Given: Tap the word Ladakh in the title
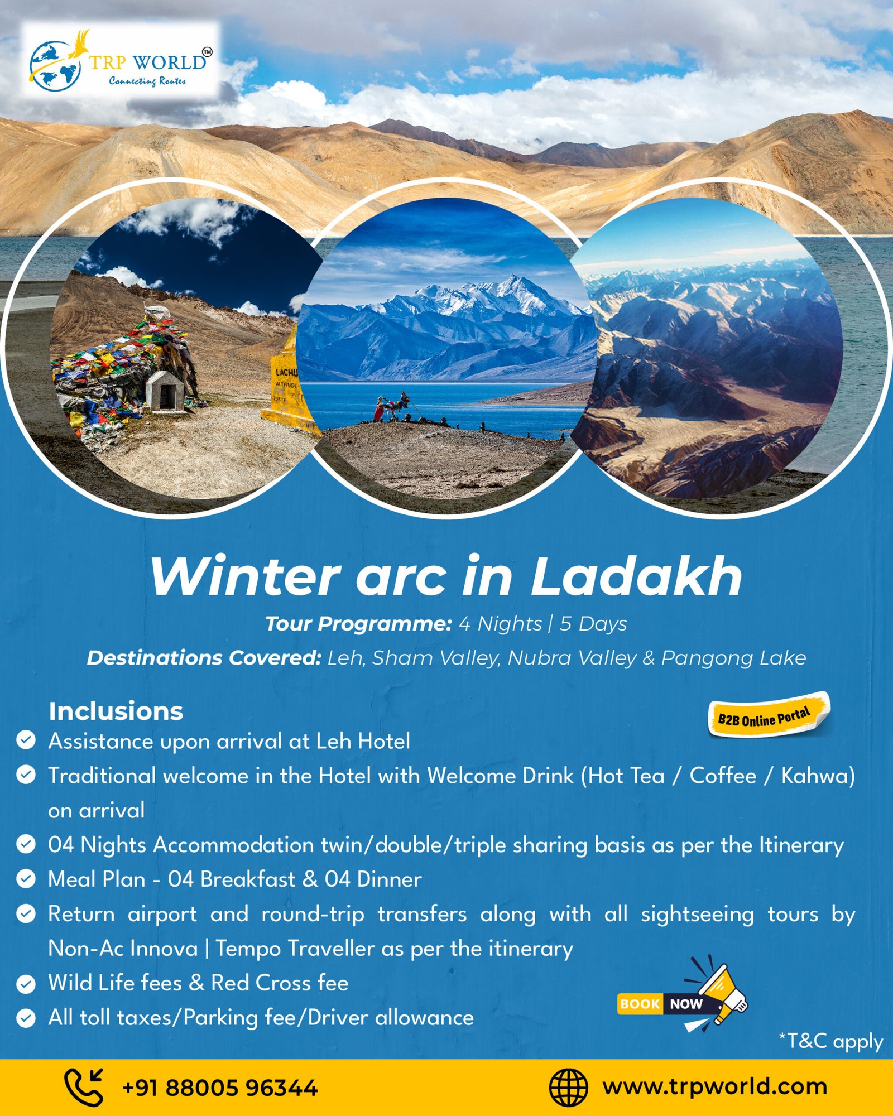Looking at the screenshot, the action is [x=636, y=576].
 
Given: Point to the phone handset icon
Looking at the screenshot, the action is [x=84, y=1087].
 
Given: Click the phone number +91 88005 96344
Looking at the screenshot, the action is [x=220, y=1088].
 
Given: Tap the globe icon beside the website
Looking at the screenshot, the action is [x=568, y=1088].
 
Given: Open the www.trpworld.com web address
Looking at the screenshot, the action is [x=715, y=1087].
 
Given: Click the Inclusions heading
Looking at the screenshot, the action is [x=116, y=711].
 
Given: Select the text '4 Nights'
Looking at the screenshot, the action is [x=500, y=623].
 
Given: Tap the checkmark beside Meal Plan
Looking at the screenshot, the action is [x=26, y=879].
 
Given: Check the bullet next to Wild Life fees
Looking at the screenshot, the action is [x=26, y=984].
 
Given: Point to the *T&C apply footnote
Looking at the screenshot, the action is [x=830, y=1041].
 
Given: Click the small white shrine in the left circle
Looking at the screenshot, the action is [x=165, y=392].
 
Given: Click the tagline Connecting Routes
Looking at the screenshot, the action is [x=147, y=81].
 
